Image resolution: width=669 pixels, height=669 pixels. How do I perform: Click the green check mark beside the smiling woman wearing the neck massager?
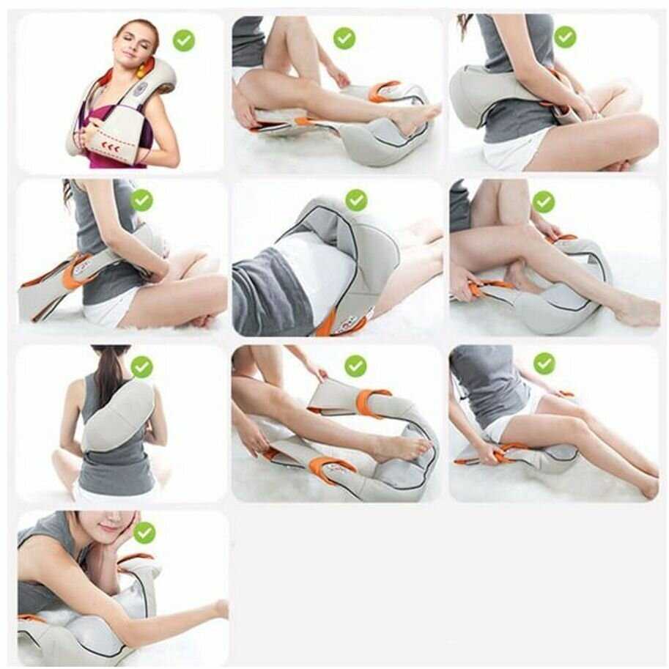pos(183,40)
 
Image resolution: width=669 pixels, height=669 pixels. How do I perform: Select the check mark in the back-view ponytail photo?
pos(141,366)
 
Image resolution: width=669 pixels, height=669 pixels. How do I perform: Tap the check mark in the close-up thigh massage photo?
pos(356,200)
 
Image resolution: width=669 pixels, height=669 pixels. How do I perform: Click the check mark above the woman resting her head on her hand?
pos(144,533)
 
